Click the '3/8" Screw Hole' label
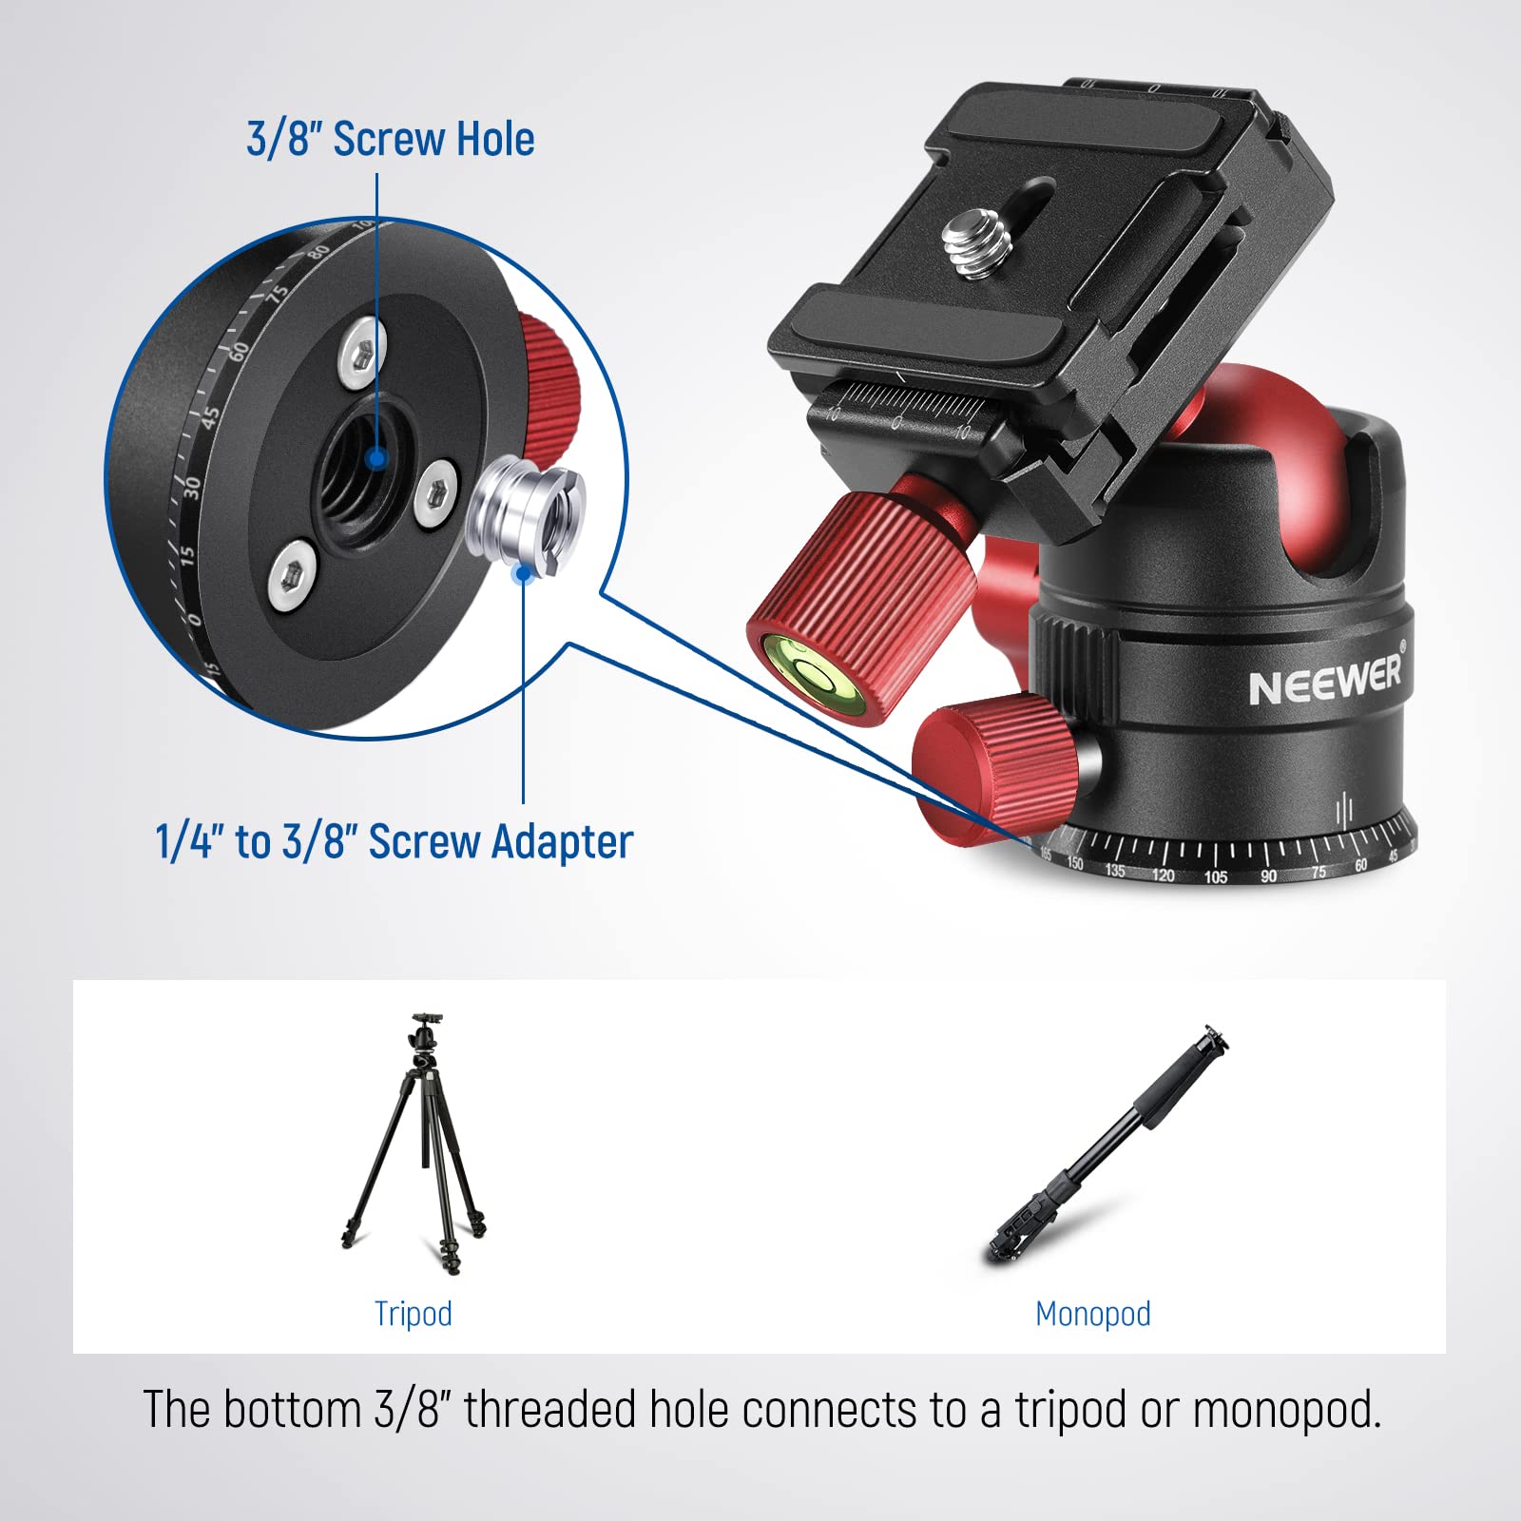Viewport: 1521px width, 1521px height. (390, 139)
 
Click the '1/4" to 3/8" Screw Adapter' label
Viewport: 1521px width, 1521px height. (395, 842)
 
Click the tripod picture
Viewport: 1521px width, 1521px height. (415, 1146)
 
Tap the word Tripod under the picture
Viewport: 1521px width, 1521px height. (413, 1314)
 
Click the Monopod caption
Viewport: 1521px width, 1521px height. (1092, 1314)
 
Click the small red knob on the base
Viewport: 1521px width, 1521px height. (989, 765)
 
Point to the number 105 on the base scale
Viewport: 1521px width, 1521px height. (1216, 876)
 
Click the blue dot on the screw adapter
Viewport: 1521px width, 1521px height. (521, 572)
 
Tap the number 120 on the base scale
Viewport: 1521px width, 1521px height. (1164, 875)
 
